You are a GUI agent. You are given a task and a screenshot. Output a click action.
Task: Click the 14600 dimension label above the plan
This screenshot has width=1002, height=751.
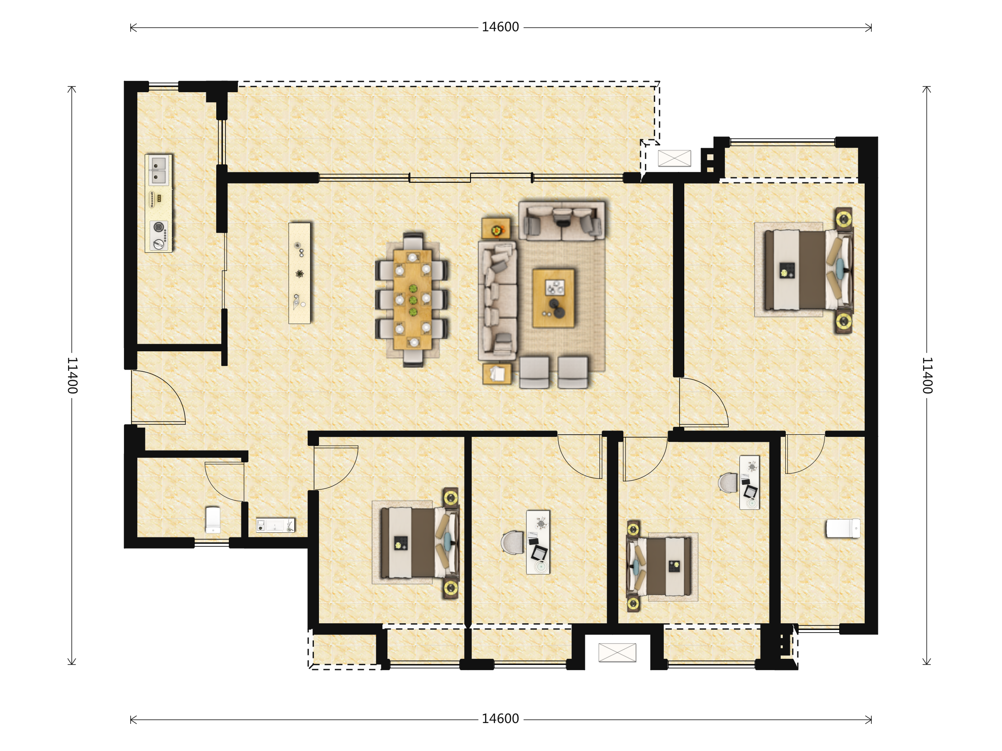[x=500, y=27]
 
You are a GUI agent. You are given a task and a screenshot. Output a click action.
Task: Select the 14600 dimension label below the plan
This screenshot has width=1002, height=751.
[x=500, y=719]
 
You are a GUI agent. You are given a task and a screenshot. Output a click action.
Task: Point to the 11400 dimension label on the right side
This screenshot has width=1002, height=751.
[x=927, y=375]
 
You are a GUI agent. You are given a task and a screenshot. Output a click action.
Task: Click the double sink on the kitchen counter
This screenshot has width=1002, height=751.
[x=158, y=170]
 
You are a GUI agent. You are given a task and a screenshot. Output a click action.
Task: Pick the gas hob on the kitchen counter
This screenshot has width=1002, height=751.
[x=159, y=235]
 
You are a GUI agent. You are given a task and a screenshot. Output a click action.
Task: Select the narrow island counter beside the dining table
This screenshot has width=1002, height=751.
[x=299, y=273]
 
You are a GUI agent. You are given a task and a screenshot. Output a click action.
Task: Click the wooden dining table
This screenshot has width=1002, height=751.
[x=412, y=299]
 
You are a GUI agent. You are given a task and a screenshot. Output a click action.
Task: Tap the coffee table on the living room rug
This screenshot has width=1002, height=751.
[x=554, y=298]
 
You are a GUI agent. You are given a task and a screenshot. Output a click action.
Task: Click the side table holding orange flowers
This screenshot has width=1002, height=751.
[x=496, y=229]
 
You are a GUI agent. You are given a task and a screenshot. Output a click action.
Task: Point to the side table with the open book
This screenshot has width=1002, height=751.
[x=497, y=373]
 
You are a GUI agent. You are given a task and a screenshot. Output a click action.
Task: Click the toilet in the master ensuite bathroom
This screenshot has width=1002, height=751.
[x=843, y=528]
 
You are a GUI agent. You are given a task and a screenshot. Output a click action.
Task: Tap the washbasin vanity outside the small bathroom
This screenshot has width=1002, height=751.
[x=276, y=525]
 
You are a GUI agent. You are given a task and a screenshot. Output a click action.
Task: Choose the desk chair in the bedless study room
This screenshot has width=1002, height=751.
[x=512, y=542]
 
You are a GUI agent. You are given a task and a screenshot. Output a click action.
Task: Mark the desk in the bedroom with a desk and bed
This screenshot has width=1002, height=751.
[x=750, y=482]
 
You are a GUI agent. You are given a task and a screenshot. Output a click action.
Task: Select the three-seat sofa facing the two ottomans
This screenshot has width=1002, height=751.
[x=498, y=300]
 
